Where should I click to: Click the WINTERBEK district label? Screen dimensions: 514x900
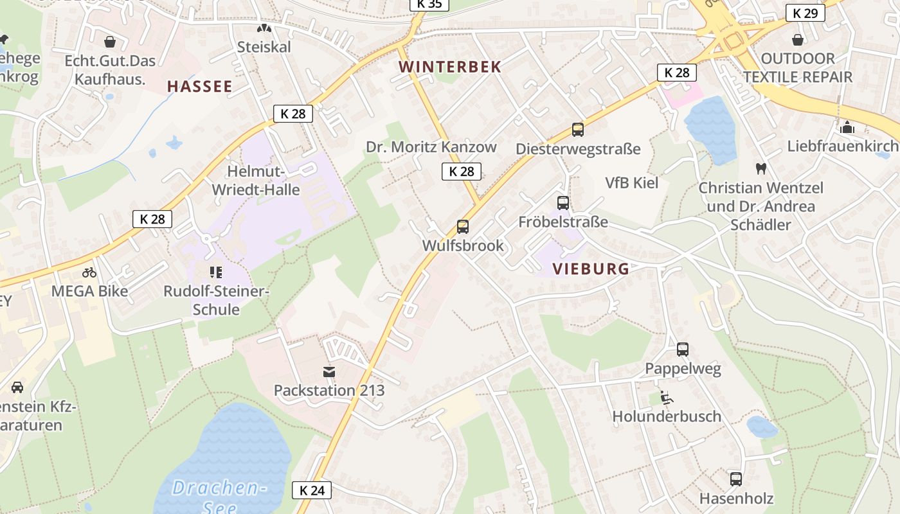tap(449, 67)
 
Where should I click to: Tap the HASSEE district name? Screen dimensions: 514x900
tap(199, 87)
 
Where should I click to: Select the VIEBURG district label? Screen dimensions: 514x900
tap(590, 269)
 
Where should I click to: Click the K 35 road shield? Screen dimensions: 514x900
tap(429, 4)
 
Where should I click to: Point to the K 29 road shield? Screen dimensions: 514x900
tap(805, 13)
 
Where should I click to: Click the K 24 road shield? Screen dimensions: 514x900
tap(312, 490)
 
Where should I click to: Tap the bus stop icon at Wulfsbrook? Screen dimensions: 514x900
tap(462, 226)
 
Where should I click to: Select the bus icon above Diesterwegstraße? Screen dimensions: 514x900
tap(577, 130)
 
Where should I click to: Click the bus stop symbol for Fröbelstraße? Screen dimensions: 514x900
tap(563, 203)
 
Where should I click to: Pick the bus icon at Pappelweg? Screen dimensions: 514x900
tap(683, 350)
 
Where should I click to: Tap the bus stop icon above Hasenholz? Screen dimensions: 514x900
tap(736, 479)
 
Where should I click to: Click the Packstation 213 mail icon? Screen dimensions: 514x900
tap(329, 371)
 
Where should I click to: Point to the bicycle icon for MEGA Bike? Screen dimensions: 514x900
tap(89, 272)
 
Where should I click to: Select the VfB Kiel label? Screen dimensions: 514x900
tap(632, 182)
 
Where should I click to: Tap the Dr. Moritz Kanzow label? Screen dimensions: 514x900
tap(431, 147)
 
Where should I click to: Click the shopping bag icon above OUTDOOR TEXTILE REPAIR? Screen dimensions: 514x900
tap(797, 40)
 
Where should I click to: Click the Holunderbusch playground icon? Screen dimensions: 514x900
tap(667, 398)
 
